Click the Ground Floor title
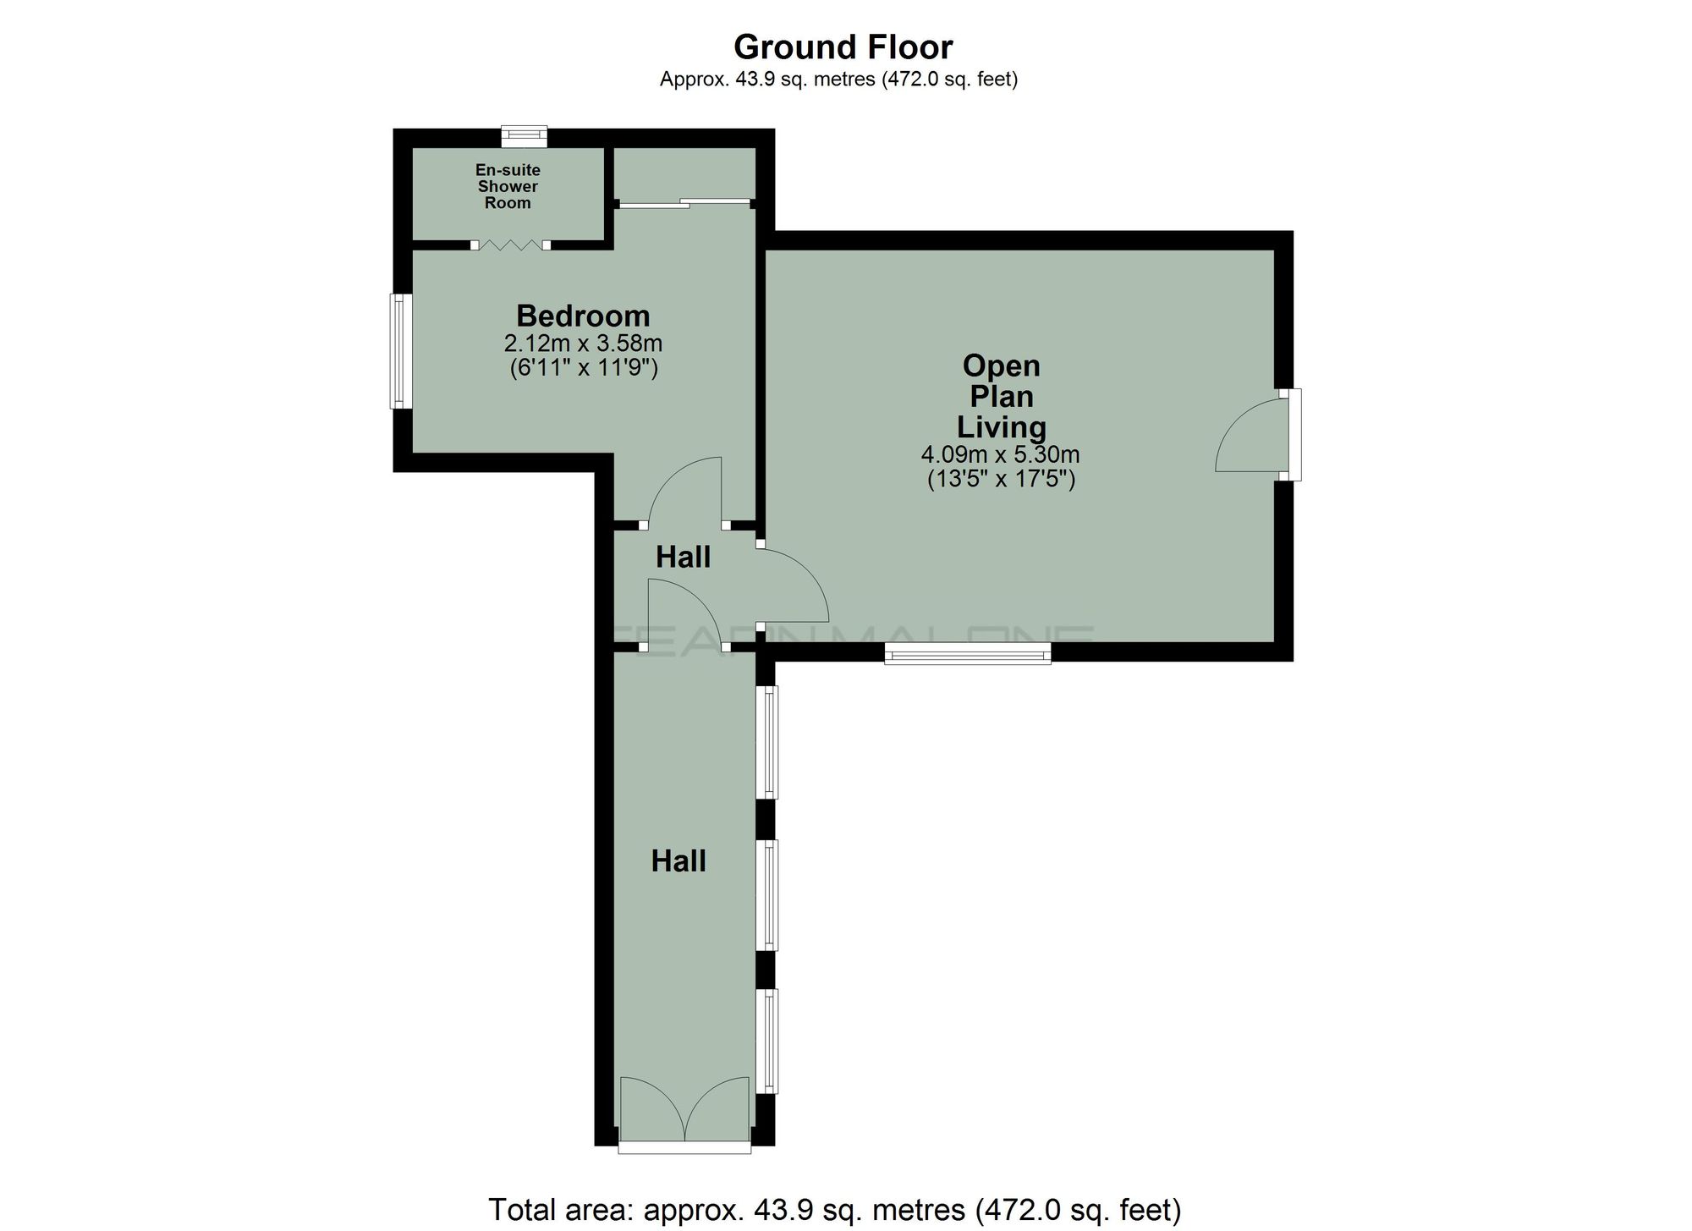point(843,47)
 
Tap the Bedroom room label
point(583,316)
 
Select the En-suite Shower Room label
point(508,186)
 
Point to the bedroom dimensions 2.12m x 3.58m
point(583,343)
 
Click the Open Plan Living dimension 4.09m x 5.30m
point(1000,454)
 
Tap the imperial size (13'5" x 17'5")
point(1000,480)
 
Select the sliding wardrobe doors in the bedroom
point(684,203)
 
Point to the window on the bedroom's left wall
point(400,350)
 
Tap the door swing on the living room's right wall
point(1252,436)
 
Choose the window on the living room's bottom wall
point(967,652)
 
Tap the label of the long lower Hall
point(678,861)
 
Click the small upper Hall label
point(683,557)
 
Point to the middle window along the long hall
point(768,894)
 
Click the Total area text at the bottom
point(834,1209)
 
